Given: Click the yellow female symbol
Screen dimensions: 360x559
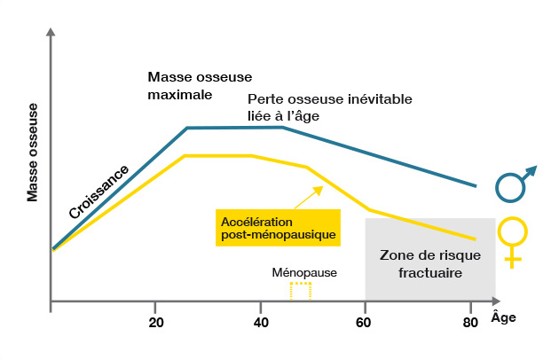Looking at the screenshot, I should (x=512, y=240).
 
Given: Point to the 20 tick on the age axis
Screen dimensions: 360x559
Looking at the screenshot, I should (x=155, y=320).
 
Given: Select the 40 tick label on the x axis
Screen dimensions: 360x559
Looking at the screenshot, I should (x=261, y=320).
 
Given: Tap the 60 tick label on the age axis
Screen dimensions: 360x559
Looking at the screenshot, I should (x=366, y=320).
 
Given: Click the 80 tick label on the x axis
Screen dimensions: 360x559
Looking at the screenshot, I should (x=470, y=320).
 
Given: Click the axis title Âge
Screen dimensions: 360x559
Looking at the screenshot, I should (x=502, y=317).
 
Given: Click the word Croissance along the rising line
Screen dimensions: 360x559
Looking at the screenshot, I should (x=98, y=192).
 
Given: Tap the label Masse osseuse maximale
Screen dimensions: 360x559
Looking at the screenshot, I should (x=185, y=86).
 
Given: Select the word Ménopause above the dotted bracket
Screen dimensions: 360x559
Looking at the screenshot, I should (x=304, y=272).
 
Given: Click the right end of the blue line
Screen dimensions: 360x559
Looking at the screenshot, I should (x=476, y=185).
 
